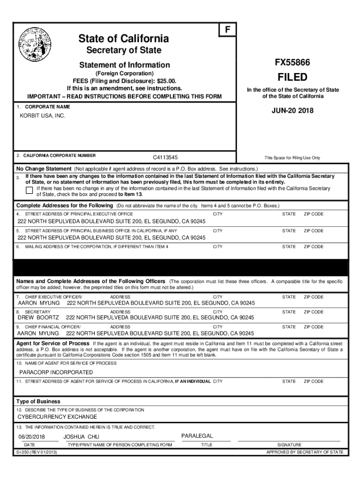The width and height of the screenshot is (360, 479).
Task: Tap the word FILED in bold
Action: click(293, 77)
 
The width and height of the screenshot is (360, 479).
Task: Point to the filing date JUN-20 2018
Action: click(293, 111)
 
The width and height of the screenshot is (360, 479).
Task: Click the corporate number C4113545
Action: click(166, 158)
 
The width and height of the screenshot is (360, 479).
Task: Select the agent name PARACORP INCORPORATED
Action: click(56, 372)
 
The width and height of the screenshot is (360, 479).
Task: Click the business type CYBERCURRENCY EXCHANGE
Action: click(58, 417)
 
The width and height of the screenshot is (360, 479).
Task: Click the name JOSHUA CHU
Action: click(81, 437)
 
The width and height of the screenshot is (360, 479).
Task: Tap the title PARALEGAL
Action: click(197, 436)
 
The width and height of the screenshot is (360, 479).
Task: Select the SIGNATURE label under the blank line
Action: click(289, 445)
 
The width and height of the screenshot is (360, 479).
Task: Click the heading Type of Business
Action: click(38, 401)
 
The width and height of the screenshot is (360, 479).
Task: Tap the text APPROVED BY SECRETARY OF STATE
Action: click(304, 452)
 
